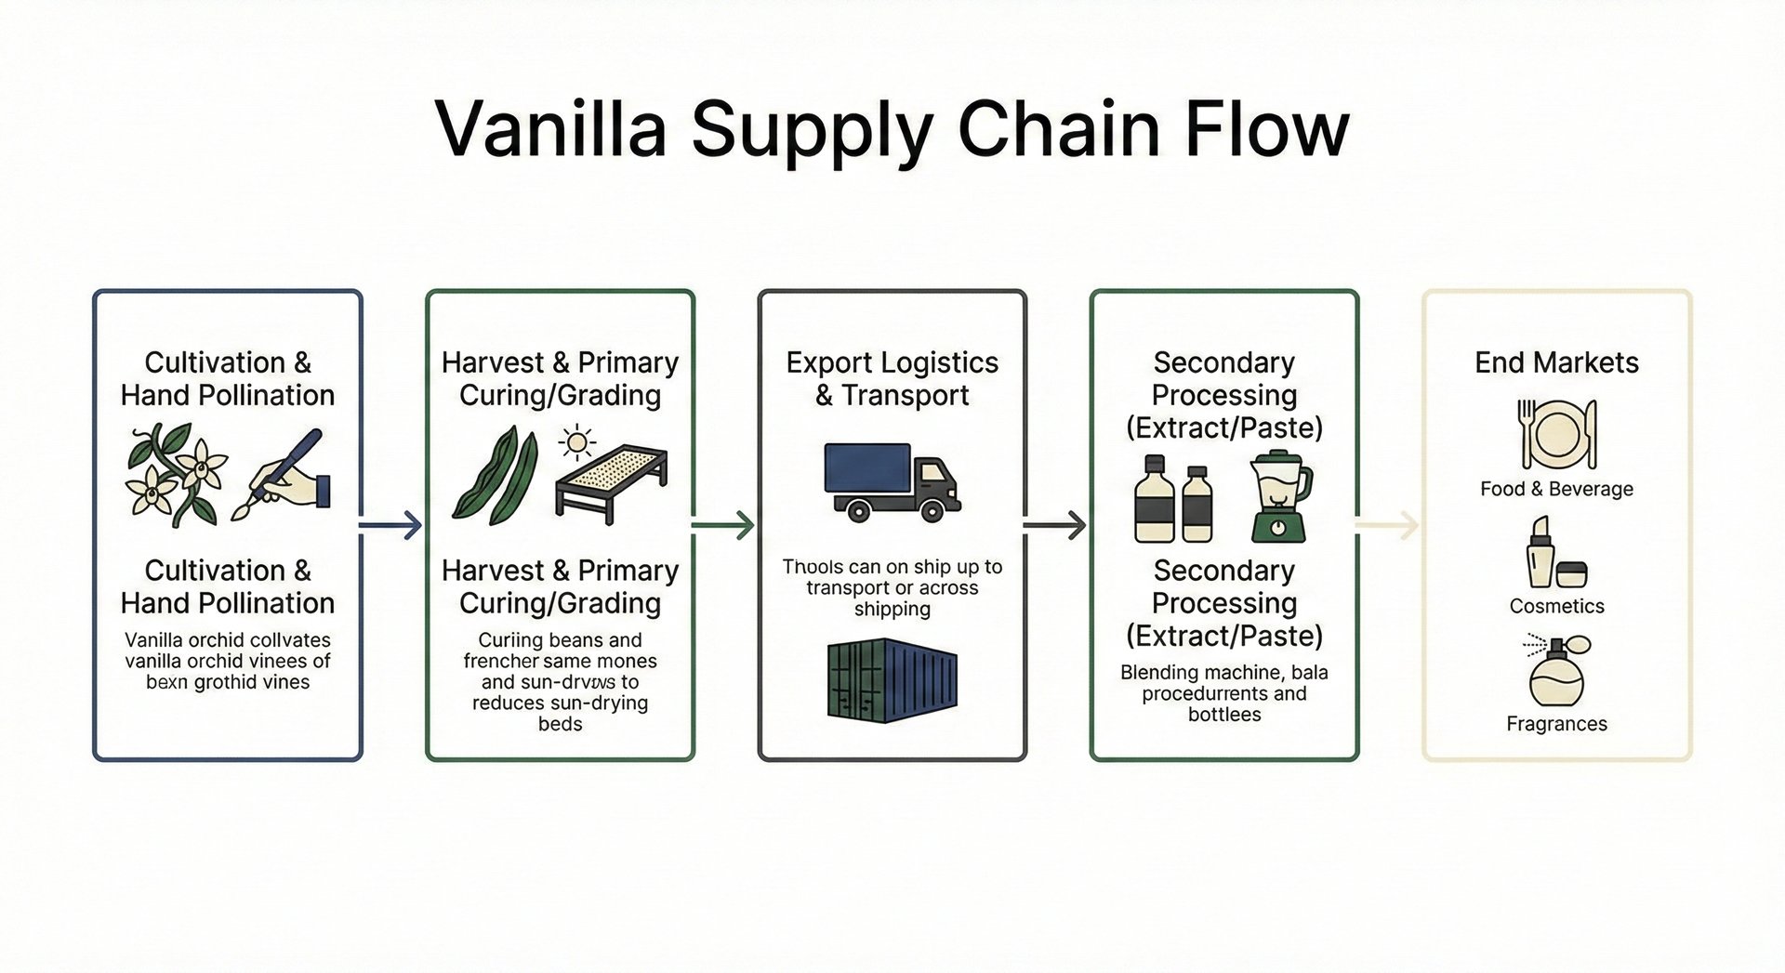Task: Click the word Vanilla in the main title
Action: click(x=551, y=128)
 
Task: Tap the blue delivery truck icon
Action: click(x=891, y=481)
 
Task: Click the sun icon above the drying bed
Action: click(x=576, y=442)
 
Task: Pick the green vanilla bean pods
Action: click(x=496, y=476)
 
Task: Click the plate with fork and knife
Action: click(x=1556, y=434)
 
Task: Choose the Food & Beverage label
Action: click(x=1556, y=489)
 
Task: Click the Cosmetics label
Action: click(x=1556, y=606)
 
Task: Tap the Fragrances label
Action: click(x=1556, y=724)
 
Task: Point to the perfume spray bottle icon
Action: click(x=1558, y=671)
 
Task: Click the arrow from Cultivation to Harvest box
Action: click(x=391, y=526)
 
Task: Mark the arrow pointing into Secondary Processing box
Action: click(x=1056, y=526)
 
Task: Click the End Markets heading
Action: click(x=1556, y=362)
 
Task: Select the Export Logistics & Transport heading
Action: click(x=892, y=378)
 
